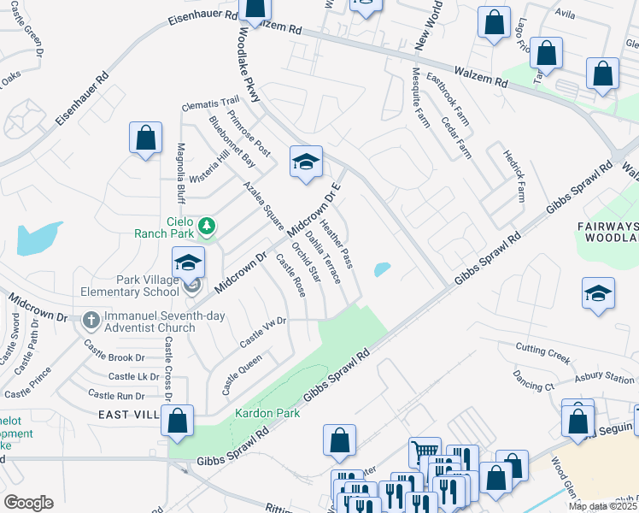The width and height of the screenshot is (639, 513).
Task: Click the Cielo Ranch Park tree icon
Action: [x=205, y=227]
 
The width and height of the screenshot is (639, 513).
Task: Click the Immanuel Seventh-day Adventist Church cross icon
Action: [x=91, y=321]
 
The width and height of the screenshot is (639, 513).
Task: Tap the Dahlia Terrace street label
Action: [x=324, y=257]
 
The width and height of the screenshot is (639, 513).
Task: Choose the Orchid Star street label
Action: [x=306, y=262]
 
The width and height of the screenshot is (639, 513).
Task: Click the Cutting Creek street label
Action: [x=542, y=350]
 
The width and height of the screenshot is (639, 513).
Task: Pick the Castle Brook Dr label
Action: [x=114, y=357]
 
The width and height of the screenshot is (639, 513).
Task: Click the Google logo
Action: [x=29, y=502]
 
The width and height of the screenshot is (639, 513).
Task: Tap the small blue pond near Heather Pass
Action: [x=381, y=270]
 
